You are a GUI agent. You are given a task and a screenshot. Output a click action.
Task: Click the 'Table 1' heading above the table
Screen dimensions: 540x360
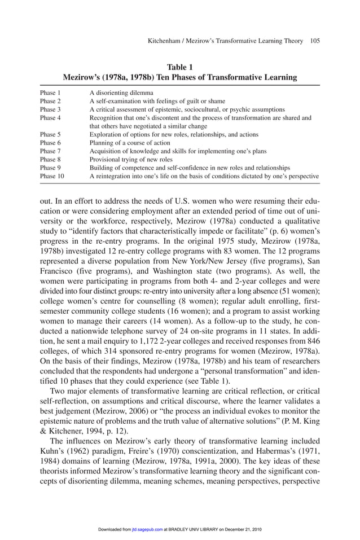(180, 68)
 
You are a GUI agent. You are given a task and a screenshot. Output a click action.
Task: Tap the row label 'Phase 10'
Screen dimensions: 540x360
(52, 176)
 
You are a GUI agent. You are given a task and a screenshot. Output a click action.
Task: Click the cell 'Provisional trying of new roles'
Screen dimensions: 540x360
(131, 160)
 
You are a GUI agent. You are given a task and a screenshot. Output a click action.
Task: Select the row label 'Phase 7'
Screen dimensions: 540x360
(50, 152)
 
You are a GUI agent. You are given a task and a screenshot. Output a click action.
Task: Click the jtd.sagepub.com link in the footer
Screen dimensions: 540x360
(147, 529)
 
